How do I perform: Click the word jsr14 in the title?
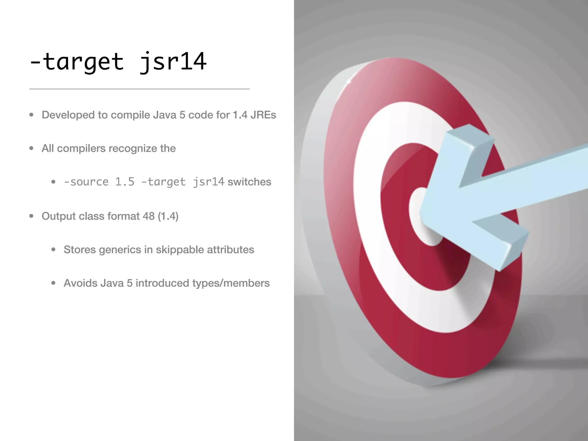tap(173, 61)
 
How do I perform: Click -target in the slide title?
tap(77, 61)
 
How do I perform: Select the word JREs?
tap(263, 115)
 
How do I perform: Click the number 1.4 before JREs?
tap(240, 115)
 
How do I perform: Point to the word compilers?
tap(81, 148)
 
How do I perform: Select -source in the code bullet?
tap(86, 182)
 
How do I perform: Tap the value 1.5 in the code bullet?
tap(125, 182)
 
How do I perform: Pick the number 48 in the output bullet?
tap(148, 216)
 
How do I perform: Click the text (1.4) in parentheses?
tap(168, 216)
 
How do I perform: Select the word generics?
tap(120, 250)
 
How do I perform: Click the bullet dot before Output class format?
tap(31, 216)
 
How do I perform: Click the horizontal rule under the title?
tap(140, 89)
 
